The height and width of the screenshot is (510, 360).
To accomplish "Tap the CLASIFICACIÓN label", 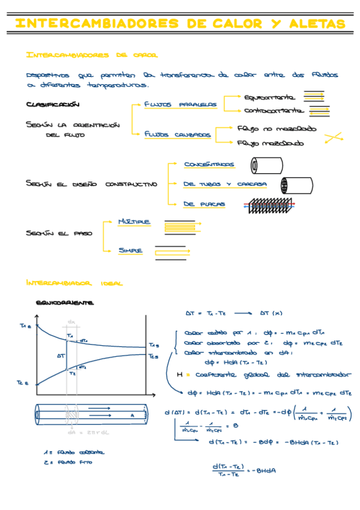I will click(53, 104).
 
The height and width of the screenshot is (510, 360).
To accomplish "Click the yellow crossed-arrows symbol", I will click(332, 138).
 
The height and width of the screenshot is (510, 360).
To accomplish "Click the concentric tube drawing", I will click(267, 164).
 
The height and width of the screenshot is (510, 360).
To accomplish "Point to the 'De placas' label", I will click(205, 204).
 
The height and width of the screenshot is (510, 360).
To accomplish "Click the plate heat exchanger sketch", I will click(267, 205).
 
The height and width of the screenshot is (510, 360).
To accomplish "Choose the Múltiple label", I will click(134, 221).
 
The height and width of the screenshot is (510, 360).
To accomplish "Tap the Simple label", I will click(130, 250).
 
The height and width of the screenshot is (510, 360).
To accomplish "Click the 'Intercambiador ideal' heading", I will click(75, 282).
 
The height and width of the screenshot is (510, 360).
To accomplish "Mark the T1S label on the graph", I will click(154, 345).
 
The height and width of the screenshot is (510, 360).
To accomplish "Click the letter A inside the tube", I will click(132, 415).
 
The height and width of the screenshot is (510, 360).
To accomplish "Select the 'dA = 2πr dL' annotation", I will click(83, 432).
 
